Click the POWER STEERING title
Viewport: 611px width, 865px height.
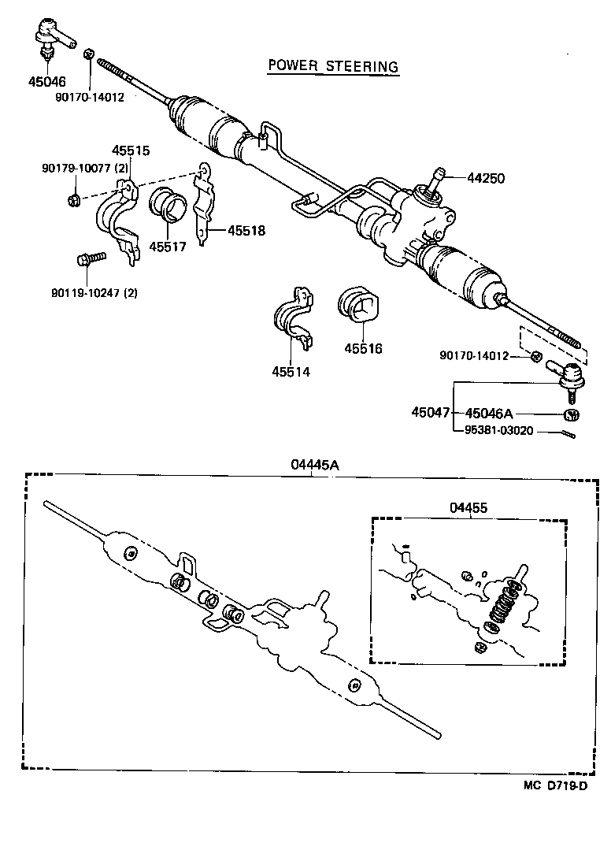pyautogui.click(x=332, y=66)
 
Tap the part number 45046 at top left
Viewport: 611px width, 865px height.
pyautogui.click(x=47, y=81)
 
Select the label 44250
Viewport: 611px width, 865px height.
pyautogui.click(x=486, y=179)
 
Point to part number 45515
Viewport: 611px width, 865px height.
pyautogui.click(x=130, y=150)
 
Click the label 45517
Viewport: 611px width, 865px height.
pyautogui.click(x=167, y=246)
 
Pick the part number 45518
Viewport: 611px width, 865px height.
pyautogui.click(x=246, y=231)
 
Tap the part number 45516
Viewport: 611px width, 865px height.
pyautogui.click(x=363, y=348)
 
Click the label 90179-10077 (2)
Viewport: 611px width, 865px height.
pyautogui.click(x=84, y=168)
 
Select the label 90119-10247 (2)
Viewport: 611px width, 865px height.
pyautogui.click(x=94, y=293)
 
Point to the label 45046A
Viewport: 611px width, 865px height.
pyautogui.click(x=488, y=413)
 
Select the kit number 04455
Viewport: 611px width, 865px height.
pyautogui.click(x=468, y=508)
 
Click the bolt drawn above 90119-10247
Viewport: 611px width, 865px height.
pyautogui.click(x=90, y=259)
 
